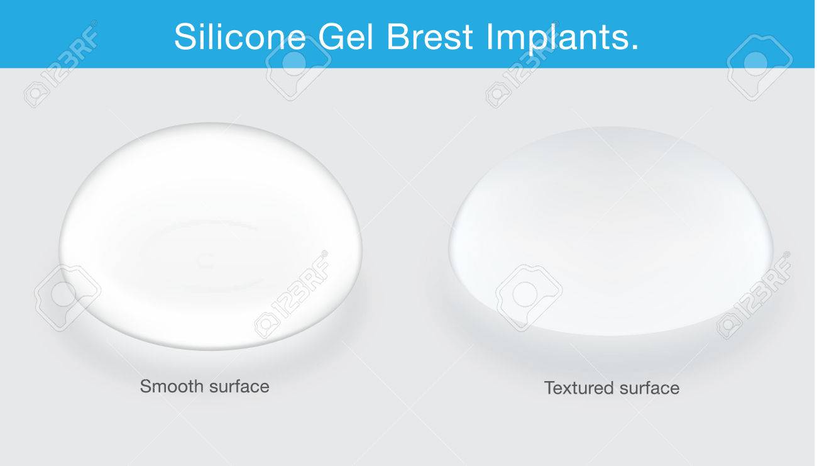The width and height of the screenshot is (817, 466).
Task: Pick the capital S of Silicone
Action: [x=184, y=37]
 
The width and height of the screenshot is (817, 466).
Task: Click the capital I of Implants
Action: [x=490, y=37]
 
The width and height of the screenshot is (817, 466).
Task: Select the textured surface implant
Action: [x=601, y=233]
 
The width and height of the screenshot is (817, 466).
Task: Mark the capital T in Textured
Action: [x=549, y=388]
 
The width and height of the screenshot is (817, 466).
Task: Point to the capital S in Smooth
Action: [x=145, y=386]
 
